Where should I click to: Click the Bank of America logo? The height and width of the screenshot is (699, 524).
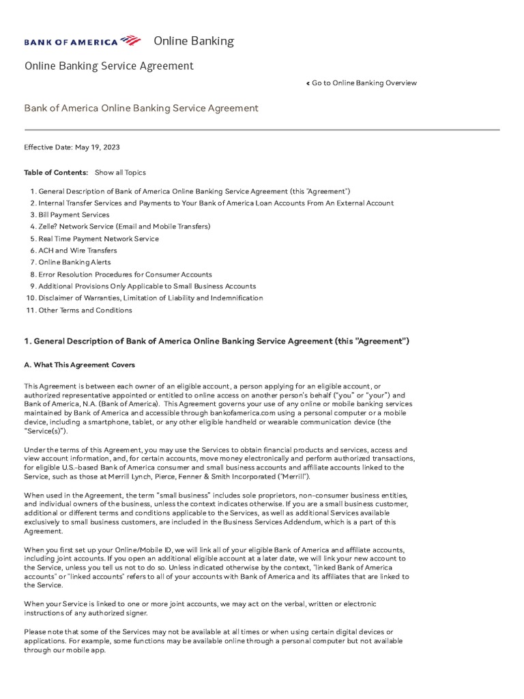[83, 41]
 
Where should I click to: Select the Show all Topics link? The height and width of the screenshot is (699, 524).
[120, 173]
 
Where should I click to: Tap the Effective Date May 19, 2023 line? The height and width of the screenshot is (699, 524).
[72, 147]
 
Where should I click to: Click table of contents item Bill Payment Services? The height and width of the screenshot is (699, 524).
[74, 214]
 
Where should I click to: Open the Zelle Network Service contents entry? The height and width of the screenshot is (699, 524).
[124, 226]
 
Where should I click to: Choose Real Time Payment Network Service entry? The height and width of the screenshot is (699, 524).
[98, 238]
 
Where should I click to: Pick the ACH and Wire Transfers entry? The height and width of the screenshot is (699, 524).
[77, 251]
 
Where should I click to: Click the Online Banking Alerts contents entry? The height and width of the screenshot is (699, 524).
[74, 262]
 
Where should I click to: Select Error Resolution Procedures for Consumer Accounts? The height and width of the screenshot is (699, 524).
[125, 274]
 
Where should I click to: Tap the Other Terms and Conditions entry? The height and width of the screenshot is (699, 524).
[85, 310]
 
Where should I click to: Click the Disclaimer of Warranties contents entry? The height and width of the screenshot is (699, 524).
[150, 298]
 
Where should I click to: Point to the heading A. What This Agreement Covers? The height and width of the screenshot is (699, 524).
[80, 365]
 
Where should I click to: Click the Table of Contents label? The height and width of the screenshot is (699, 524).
[56, 173]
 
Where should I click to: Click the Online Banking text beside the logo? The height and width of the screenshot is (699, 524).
[194, 41]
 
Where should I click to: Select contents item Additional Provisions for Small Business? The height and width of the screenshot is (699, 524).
[147, 286]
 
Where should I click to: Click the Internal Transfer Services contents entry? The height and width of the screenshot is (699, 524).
[216, 203]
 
